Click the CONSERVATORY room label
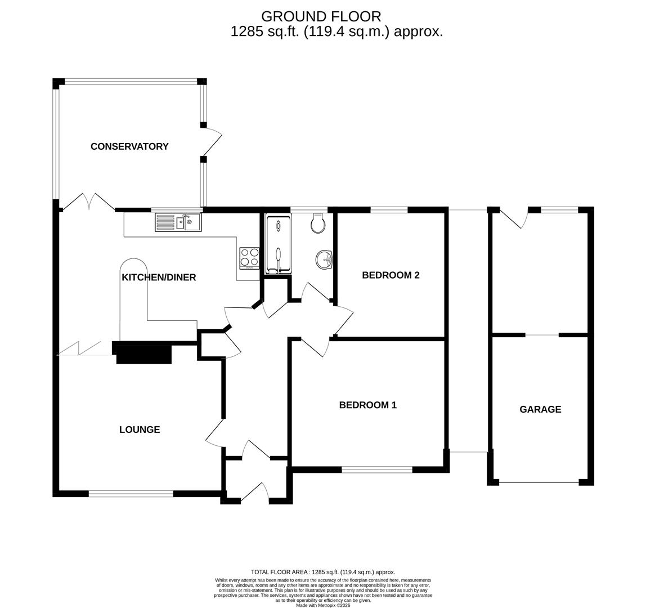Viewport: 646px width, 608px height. [x=129, y=146]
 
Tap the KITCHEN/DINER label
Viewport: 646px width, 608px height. [x=159, y=277]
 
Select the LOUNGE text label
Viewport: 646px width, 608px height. [x=140, y=430]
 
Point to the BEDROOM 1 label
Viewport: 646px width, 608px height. [x=367, y=405]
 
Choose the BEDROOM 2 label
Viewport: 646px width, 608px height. [x=391, y=275]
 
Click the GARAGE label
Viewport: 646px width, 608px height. [x=540, y=409]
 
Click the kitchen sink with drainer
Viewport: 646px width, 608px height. [x=178, y=222]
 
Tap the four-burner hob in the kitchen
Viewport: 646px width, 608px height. [x=249, y=258]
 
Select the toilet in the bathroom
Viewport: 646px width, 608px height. [x=318, y=223]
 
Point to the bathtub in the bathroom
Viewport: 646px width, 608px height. [x=278, y=244]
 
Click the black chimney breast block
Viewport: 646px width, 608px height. [x=143, y=353]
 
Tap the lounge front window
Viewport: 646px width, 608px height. [x=131, y=494]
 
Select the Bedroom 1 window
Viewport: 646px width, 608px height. [x=376, y=470]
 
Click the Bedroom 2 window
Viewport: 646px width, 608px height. [x=388, y=210]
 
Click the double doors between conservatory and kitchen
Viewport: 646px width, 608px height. [x=88, y=203]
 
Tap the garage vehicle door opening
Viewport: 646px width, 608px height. [x=539, y=482]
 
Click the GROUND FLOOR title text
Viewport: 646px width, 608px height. [x=321, y=17]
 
